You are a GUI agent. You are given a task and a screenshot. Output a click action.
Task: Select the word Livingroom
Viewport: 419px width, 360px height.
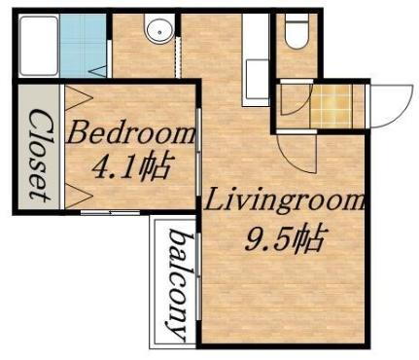284,204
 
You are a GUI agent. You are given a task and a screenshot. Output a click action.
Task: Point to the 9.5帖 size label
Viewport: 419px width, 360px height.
284,236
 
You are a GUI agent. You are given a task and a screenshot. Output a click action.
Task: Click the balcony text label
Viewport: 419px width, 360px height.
178,283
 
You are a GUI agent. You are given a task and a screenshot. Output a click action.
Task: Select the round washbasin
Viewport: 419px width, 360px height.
157,31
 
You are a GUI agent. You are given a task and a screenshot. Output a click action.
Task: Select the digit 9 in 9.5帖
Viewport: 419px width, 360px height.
252,238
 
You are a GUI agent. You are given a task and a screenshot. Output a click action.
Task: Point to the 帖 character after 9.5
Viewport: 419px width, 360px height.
309,236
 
